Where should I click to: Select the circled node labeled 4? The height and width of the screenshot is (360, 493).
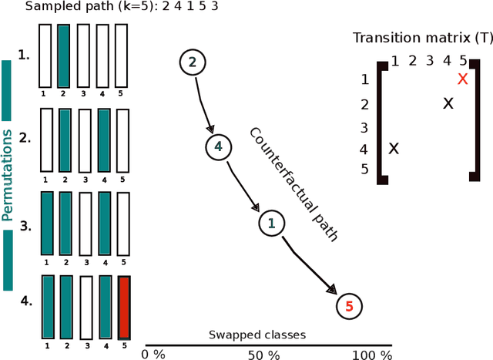click(218, 146)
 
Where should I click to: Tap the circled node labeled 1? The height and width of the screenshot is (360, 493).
click(270, 224)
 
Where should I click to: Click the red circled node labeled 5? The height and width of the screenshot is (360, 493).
click(349, 306)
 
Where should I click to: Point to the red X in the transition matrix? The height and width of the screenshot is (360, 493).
click(462, 79)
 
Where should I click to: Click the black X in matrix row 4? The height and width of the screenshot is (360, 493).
click(394, 149)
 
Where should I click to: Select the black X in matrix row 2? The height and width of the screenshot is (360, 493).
click(448, 103)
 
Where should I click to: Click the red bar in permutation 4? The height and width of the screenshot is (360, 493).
click(124, 308)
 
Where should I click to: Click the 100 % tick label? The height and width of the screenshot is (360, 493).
click(373, 355)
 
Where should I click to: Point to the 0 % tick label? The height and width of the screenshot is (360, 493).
click(153, 355)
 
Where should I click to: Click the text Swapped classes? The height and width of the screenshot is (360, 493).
click(257, 335)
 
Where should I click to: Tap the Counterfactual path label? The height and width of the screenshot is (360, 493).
click(293, 183)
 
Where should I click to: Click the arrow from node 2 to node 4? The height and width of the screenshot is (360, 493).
click(203, 103)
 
